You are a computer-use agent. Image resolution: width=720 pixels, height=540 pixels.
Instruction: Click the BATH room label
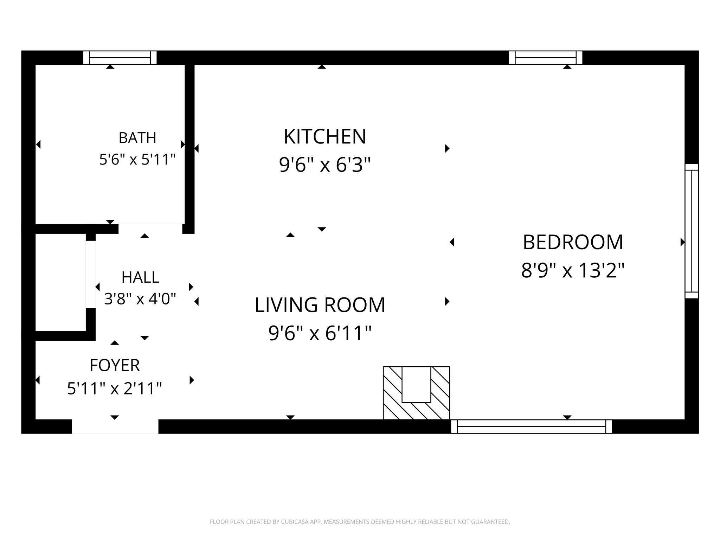click(x=137, y=138)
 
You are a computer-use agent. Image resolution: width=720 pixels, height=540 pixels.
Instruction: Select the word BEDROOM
click(x=573, y=242)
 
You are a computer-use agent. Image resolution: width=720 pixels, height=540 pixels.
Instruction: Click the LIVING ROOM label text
click(x=320, y=305)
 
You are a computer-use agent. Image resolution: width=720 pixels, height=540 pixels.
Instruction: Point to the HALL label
click(x=140, y=277)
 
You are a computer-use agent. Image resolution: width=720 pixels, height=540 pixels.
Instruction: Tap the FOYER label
click(x=115, y=365)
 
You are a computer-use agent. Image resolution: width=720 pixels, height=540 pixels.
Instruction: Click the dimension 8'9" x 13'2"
click(x=573, y=271)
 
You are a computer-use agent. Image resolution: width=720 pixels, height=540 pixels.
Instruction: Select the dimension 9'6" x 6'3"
click(x=325, y=165)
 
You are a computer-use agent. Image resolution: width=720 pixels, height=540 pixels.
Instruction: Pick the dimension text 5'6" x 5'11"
click(x=137, y=160)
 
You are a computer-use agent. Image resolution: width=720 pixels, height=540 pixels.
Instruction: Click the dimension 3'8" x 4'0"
click(x=140, y=299)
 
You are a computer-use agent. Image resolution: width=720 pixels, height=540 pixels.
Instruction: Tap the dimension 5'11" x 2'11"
click(x=115, y=389)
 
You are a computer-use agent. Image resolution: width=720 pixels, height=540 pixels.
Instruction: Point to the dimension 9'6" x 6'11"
click(x=320, y=333)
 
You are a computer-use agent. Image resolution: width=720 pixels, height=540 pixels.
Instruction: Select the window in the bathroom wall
click(x=120, y=58)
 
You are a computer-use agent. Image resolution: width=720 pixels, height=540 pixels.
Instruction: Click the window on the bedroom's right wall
click(x=692, y=231)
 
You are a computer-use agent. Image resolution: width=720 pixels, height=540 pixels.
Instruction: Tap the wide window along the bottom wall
click(x=531, y=426)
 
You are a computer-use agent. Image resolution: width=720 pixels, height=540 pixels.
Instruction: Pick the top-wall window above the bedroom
click(x=546, y=58)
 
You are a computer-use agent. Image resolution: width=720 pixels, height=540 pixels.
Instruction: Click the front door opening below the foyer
click(x=115, y=426)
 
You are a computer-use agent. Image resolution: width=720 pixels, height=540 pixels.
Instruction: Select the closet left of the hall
click(x=60, y=282)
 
